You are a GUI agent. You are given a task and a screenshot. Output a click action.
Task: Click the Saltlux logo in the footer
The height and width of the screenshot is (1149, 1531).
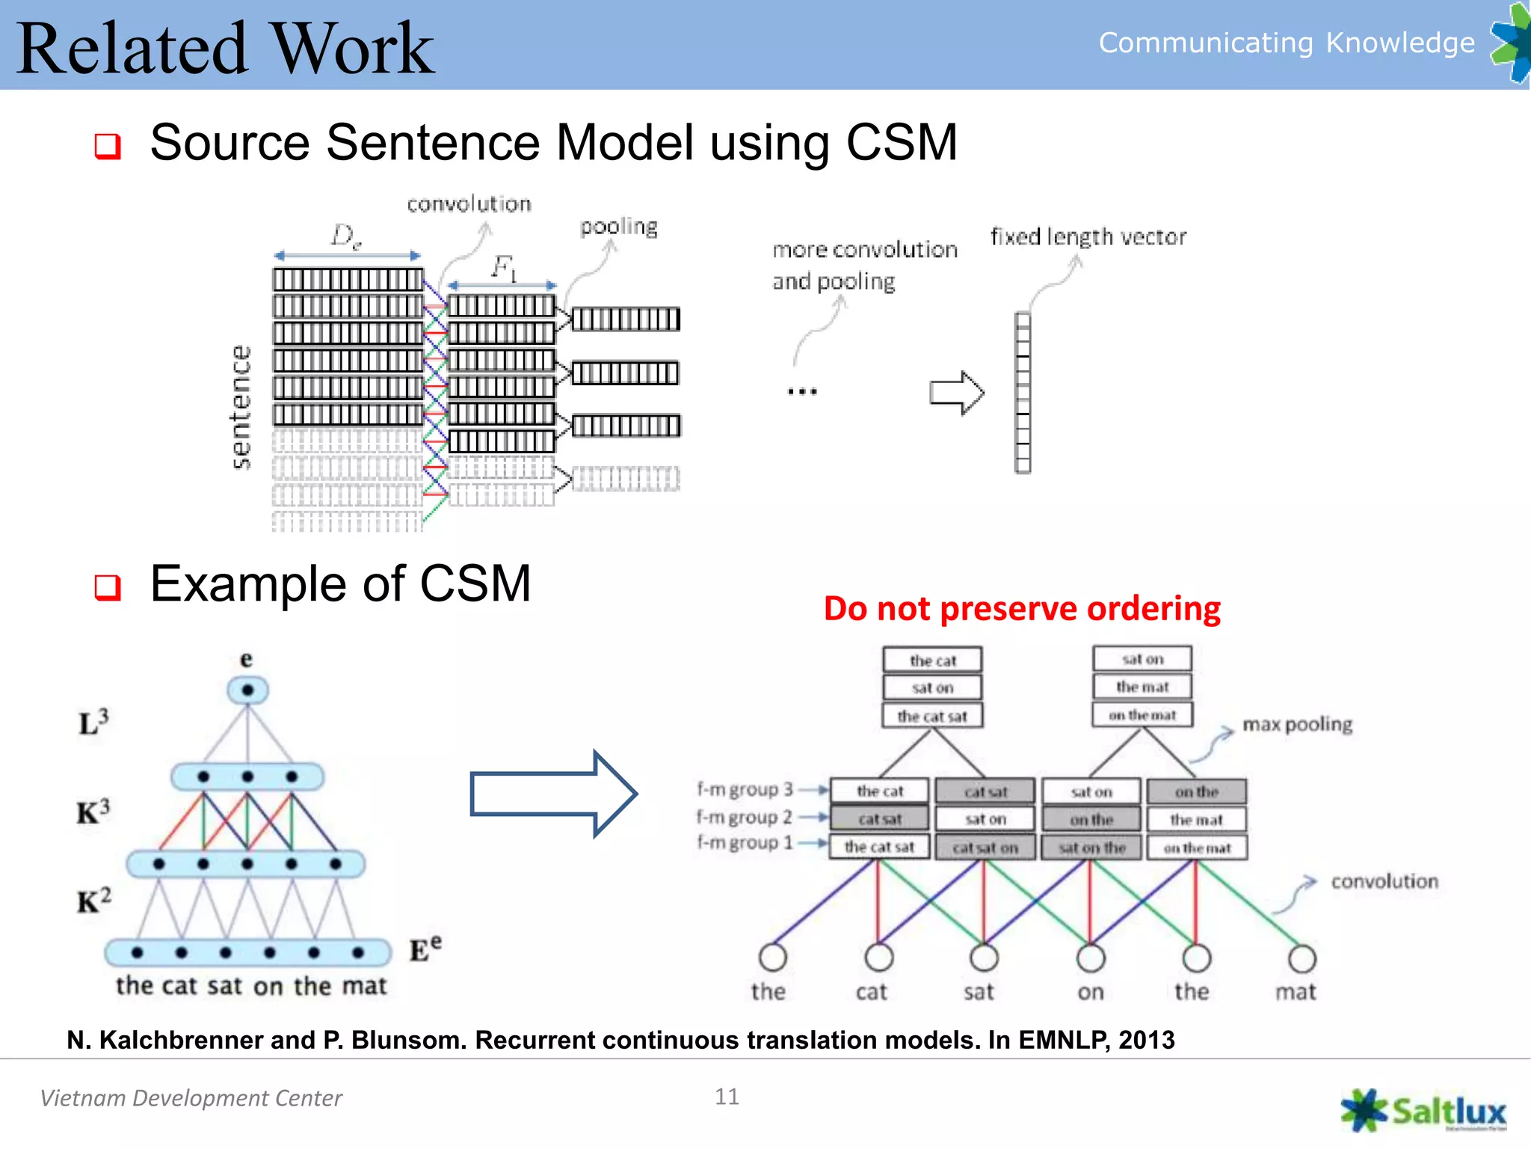[1423, 1111]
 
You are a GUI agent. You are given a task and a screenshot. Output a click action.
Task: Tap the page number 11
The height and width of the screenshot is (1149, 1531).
[727, 1097]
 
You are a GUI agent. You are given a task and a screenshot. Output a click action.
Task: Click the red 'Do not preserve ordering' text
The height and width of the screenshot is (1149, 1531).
[1022, 609]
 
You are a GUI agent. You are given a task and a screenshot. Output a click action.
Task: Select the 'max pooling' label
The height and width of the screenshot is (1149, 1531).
[1297, 724]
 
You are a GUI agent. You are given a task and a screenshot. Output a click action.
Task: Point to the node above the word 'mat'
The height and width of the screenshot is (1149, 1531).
[1301, 958]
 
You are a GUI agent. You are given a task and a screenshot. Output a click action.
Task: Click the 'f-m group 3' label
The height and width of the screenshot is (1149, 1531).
[745, 789]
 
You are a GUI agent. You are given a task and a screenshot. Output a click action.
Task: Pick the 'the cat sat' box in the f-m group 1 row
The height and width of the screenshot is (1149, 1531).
[879, 847]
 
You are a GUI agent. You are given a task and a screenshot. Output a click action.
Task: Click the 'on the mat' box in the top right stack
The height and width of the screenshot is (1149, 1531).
[1142, 715]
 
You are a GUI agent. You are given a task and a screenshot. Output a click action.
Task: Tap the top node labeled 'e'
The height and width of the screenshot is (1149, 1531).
[247, 689]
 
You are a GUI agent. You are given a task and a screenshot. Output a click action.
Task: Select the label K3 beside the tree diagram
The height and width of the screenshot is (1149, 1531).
[93, 811]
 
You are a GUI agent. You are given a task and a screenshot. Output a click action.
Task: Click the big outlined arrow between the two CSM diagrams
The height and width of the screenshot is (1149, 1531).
[553, 794]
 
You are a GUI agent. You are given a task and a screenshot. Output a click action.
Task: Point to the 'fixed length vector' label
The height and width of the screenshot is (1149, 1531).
[1088, 237]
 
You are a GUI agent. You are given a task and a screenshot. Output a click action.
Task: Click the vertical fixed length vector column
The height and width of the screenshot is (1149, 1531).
[1022, 393]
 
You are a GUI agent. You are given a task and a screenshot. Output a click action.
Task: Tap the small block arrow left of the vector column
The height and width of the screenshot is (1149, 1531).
[956, 393]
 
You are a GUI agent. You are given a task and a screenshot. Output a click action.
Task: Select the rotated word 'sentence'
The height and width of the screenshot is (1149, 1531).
[241, 408]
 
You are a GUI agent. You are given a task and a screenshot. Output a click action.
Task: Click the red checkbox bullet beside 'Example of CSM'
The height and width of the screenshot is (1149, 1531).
[108, 587]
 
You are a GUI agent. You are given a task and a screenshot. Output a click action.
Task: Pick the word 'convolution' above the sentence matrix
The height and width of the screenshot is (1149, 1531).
[469, 203]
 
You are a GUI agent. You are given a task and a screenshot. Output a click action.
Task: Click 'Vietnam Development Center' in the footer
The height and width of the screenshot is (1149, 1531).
[191, 1097]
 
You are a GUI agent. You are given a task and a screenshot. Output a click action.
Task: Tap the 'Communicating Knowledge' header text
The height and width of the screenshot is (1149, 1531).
[1286, 43]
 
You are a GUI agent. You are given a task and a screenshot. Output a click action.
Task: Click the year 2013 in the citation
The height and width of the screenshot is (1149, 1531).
[1146, 1040]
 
